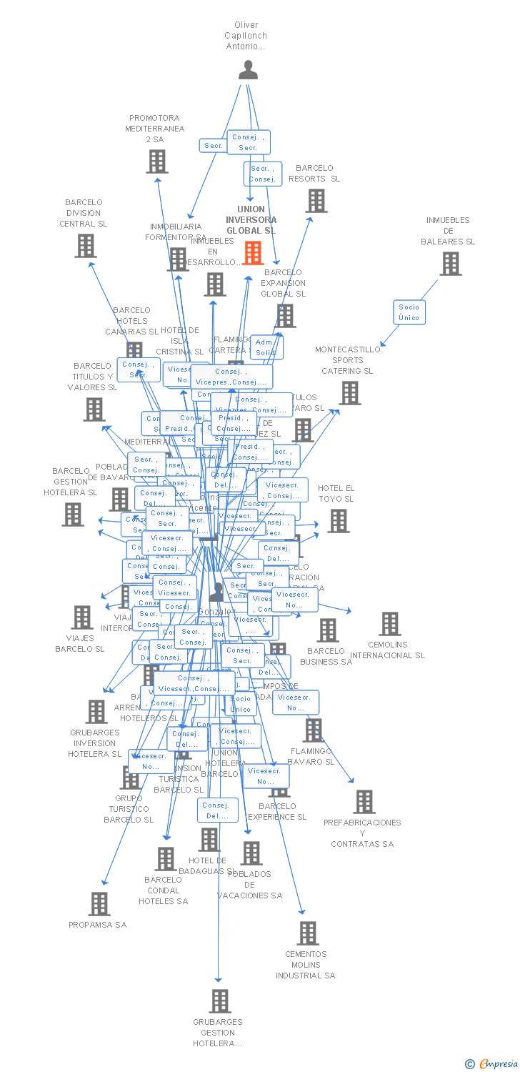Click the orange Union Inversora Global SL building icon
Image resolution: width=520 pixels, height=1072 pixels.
253,253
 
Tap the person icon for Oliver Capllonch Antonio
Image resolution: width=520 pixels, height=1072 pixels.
248,70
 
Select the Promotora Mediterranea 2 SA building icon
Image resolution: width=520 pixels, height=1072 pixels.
157,162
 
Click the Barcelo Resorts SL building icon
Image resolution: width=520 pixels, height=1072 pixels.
316,201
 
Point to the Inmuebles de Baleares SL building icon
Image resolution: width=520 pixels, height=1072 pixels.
450,264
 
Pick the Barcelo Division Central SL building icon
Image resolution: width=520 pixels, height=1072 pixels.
86,246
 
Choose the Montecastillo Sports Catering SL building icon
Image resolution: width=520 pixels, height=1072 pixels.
350,393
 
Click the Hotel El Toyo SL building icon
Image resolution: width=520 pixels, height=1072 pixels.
339,521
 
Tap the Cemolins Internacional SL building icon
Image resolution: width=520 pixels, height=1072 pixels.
389,624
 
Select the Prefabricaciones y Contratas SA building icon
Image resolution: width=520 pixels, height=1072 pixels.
364,802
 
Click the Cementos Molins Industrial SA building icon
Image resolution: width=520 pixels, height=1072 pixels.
308,933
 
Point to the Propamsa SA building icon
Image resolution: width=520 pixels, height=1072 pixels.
99,904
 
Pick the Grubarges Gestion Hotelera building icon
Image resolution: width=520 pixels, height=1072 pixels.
220,1001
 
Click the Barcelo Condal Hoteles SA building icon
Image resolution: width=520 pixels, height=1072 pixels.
166,859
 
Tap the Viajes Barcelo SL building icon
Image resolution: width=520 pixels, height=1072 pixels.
82,617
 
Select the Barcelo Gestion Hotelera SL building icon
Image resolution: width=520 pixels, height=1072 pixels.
72,515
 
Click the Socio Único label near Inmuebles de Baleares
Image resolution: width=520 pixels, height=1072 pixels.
409,312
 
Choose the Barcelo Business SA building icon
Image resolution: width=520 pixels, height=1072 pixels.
328,630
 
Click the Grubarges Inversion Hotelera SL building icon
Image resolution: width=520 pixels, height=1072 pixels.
96,712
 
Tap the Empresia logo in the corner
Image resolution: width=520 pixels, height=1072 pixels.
492,1064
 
